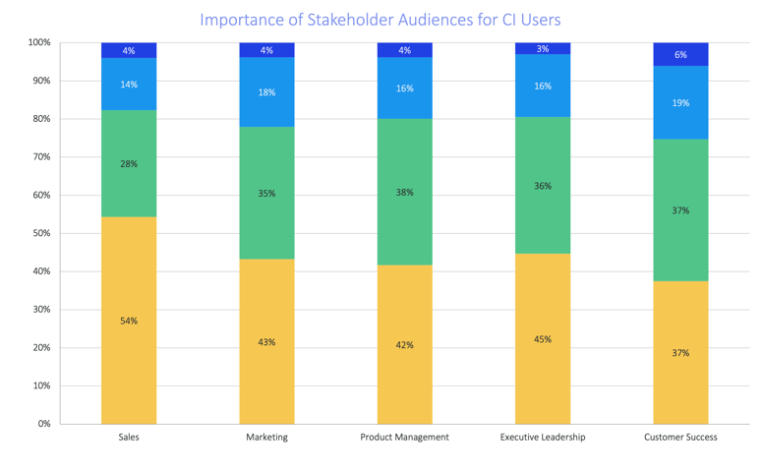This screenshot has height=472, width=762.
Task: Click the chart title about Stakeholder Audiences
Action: point(381,20)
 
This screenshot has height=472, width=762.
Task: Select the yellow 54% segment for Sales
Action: point(129,320)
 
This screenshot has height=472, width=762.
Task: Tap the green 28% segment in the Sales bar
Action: point(129,163)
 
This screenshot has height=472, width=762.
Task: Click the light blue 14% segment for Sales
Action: point(129,85)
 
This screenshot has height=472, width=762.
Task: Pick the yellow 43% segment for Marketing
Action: point(266,341)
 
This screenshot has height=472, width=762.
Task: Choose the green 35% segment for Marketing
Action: point(266,193)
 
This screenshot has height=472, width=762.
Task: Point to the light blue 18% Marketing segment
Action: point(266,92)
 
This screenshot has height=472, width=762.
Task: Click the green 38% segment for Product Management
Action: point(404,192)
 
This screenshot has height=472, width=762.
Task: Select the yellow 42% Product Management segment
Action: point(404,344)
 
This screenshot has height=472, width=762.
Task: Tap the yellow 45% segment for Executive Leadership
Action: point(543,338)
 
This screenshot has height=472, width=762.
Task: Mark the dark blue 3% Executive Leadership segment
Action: point(543,48)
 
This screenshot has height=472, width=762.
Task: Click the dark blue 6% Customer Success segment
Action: point(680,54)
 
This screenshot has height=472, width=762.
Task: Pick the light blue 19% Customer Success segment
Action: point(680,102)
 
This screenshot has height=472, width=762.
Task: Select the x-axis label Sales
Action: point(129,437)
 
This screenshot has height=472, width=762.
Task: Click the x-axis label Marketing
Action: point(266,437)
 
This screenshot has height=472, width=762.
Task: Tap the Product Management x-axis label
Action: point(404,437)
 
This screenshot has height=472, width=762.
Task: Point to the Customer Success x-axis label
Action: point(680,437)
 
